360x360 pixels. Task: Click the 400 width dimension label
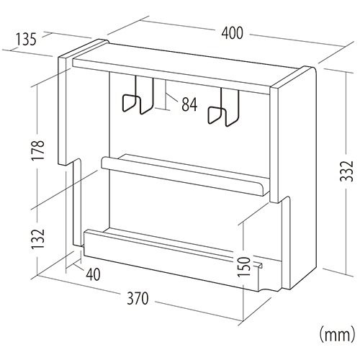point(232,33)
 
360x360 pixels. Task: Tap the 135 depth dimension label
point(26,39)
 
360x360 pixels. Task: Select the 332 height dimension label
point(347,171)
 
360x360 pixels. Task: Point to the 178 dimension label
point(37,150)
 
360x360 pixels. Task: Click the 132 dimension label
point(37,239)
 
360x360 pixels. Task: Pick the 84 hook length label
point(189,104)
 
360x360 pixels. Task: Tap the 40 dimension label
point(93,274)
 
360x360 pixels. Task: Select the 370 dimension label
point(138,298)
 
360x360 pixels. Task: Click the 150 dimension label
point(244,266)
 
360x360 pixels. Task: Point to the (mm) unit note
point(337,335)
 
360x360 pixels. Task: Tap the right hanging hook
point(223,107)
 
